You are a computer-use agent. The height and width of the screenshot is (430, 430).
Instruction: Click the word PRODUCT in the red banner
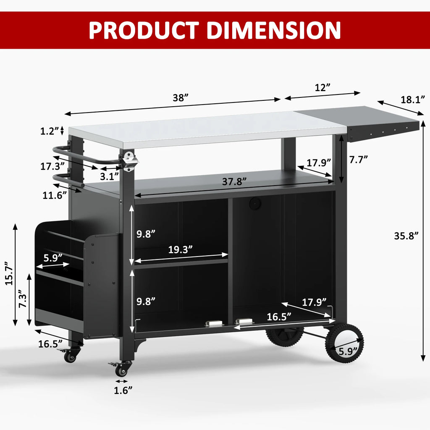coord(143,30)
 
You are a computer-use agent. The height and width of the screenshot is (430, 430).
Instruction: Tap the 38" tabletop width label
coord(180,97)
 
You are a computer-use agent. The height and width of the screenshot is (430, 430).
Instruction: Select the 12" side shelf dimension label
coord(322,87)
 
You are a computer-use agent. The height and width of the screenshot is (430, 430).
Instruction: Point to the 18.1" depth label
coord(413,100)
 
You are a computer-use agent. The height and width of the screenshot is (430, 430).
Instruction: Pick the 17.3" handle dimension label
coord(52,166)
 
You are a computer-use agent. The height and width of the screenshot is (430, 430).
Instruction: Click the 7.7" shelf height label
coord(359,160)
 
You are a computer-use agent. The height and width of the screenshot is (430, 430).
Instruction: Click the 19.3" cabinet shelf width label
coord(181,249)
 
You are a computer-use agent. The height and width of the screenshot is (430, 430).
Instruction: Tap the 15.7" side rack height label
coord(9,275)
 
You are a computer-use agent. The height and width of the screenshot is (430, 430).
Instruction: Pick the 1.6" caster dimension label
coord(123,390)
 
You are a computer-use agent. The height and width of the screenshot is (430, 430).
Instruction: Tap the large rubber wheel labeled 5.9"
coord(344,344)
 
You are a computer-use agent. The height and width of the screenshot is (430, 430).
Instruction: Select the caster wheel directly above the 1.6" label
coord(122,370)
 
